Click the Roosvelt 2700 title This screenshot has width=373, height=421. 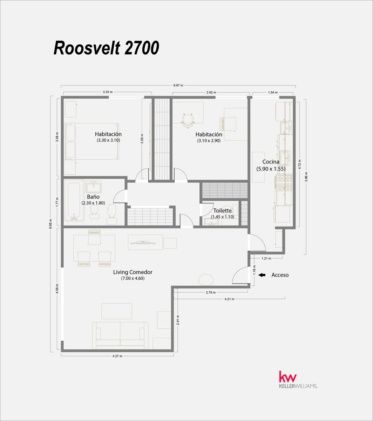point(106,48)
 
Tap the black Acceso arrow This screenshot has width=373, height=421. point(262,275)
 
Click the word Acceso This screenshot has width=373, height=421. point(280,275)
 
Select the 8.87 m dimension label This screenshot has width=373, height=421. point(178,85)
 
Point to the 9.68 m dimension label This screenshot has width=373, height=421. point(51,223)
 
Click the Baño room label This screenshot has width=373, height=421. point(93,197)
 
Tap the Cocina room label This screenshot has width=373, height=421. point(271,161)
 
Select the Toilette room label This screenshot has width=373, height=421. point(222,211)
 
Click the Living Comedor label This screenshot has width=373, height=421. point(133,272)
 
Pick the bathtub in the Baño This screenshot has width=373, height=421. point(74,200)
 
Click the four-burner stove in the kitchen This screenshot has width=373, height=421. point(284,182)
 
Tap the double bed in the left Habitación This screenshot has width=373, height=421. point(92,141)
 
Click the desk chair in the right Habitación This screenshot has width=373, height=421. point(188,120)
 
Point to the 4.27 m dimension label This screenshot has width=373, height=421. point(117,356)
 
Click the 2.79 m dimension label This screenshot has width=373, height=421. point(211,292)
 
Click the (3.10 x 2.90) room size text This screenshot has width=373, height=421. point(209,140)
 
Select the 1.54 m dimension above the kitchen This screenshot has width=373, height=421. point(273,92)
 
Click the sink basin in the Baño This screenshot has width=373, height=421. point(94,187)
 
